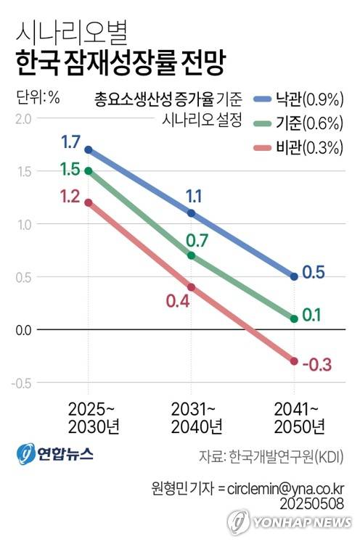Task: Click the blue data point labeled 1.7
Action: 89,149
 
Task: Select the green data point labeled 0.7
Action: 192,255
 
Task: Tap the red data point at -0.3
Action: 294,361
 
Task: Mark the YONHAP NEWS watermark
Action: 290,522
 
